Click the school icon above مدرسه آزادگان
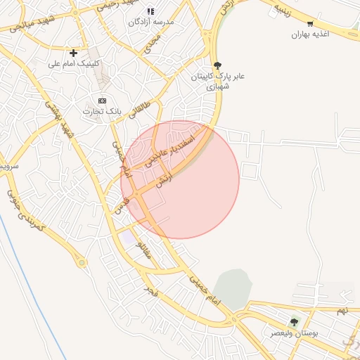[150, 11]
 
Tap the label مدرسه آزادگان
[150, 22]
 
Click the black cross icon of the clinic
[73, 53]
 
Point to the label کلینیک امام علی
[74, 63]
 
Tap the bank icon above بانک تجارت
[103, 101]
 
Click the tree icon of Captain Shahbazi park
[217, 65]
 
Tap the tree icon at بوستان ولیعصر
[294, 321]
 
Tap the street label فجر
[149, 289]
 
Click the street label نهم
[342, 310]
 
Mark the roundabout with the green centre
[82, 263]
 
